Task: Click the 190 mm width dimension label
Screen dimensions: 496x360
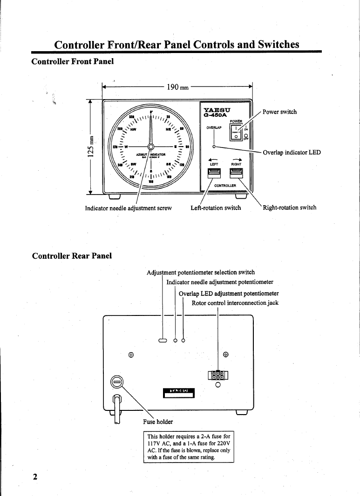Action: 177,87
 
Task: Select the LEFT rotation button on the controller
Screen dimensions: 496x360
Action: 214,173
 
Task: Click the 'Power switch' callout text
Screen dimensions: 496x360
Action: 279,112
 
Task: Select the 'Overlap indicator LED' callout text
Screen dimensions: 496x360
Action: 292,153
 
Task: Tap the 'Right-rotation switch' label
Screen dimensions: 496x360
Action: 289,208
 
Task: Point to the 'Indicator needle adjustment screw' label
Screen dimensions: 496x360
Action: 129,208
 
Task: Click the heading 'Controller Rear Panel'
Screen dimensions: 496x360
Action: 72,256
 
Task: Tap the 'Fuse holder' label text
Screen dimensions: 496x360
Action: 157,422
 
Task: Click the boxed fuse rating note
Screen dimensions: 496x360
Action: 189,447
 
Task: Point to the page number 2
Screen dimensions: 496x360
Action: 34,477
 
